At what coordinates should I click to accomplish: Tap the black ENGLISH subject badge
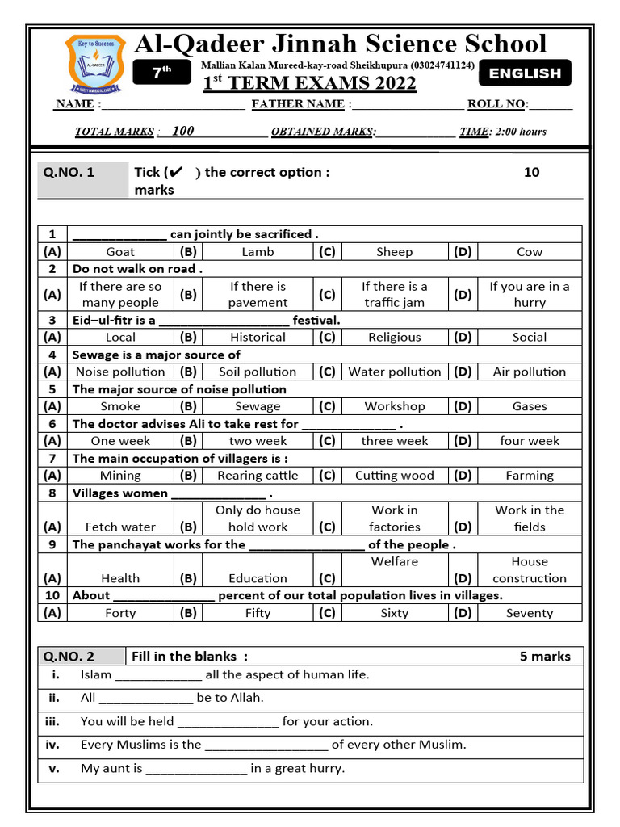525,73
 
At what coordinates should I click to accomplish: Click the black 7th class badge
162,73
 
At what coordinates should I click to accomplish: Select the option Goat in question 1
120,252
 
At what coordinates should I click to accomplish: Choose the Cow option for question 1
530,252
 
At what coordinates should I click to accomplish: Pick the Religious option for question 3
394,338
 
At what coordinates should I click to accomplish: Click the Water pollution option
394,372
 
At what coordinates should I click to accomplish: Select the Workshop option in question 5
394,407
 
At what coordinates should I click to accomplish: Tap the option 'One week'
120,442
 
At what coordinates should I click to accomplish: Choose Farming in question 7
530,476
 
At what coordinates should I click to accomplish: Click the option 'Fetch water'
120,527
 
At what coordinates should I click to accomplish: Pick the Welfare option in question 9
394,562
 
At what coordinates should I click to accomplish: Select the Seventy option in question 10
530,614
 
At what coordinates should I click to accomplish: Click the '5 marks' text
545,657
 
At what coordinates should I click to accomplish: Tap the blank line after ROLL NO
551,105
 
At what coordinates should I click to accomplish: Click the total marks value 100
183,131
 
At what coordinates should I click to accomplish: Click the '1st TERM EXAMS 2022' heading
309,84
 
